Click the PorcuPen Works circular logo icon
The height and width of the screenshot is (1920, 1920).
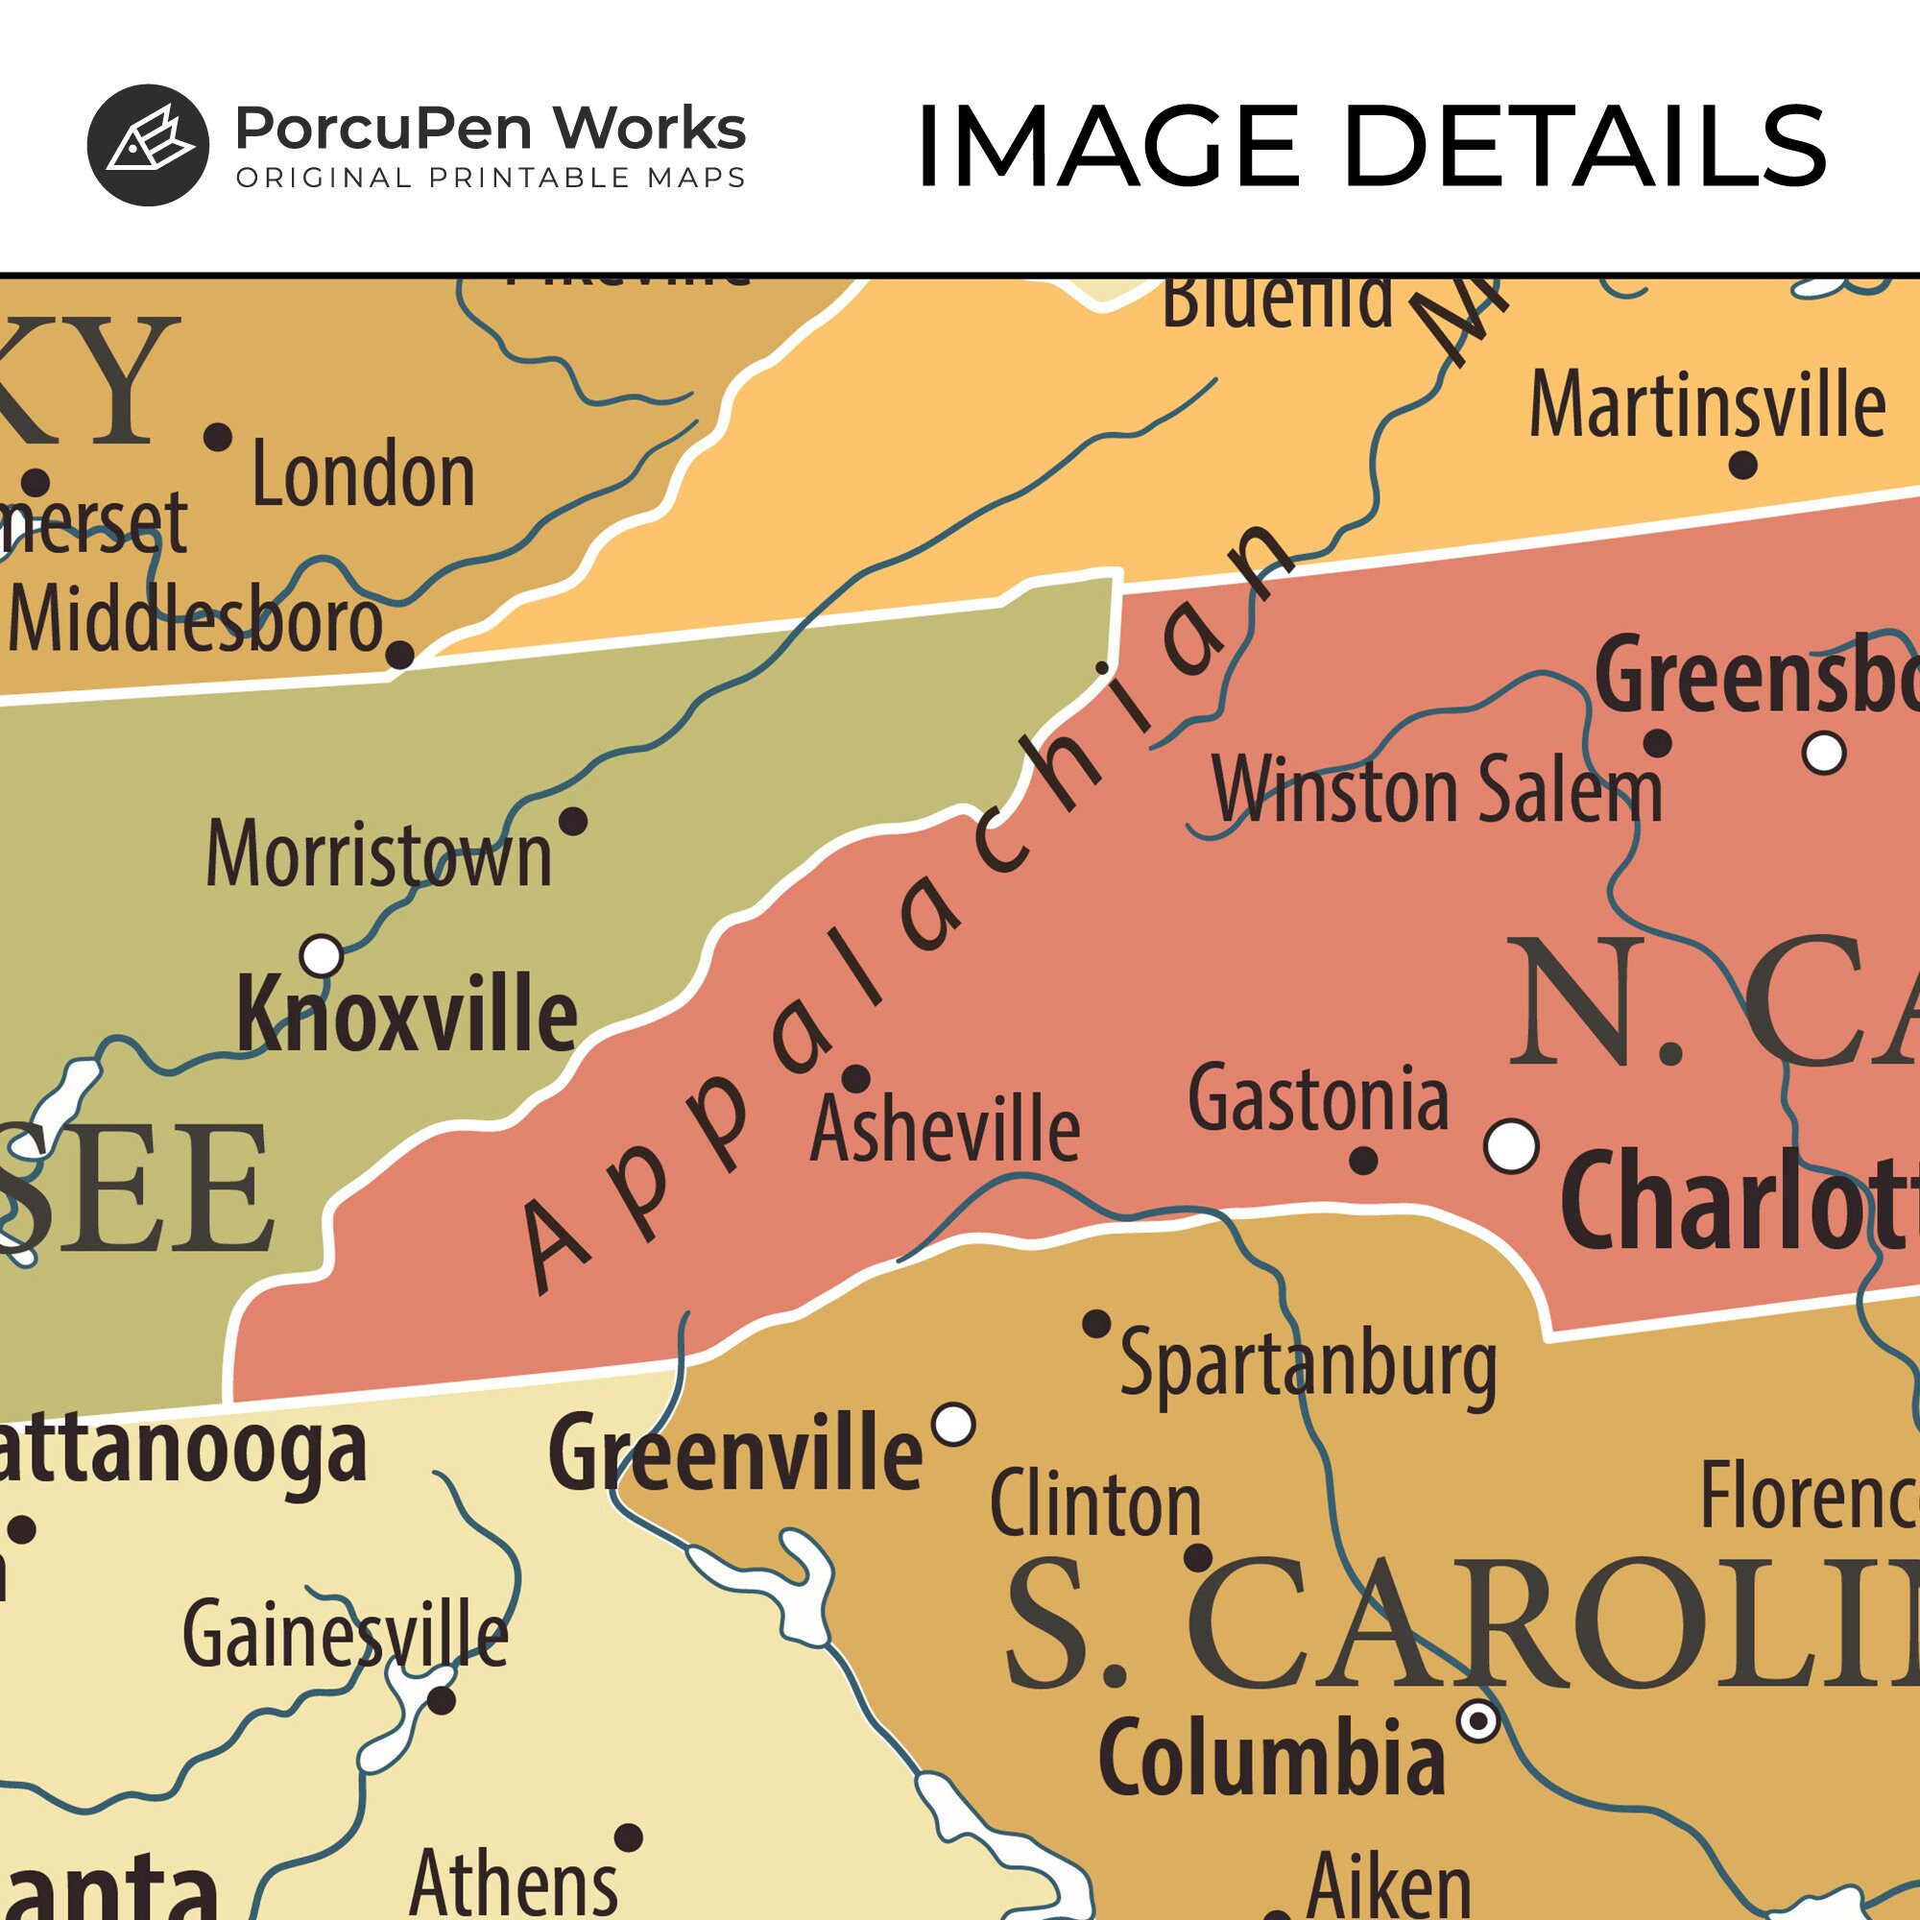(148, 145)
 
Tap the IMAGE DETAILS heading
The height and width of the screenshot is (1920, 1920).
(1371, 147)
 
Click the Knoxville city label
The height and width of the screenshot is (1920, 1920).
(406, 1015)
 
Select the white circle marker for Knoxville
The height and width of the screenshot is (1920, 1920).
(321, 956)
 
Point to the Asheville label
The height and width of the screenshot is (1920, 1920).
(944, 1129)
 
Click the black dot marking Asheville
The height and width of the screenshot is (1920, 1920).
(855, 1078)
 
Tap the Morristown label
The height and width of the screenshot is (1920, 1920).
(378, 855)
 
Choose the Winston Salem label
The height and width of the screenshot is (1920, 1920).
(1437, 790)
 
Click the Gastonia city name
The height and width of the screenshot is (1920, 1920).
(1318, 1099)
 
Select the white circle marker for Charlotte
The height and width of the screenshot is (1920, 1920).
(1510, 1145)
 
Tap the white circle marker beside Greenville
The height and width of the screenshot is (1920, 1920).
(954, 1424)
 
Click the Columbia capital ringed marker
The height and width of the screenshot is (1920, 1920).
(1477, 1719)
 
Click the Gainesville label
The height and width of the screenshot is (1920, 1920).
(345, 1635)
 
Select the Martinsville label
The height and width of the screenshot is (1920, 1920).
(1706, 404)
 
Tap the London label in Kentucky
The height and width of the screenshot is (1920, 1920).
(363, 476)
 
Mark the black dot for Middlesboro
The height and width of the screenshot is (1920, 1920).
(399, 655)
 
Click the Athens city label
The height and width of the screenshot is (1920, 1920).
(513, 1883)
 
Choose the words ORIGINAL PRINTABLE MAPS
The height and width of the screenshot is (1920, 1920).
(490, 178)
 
